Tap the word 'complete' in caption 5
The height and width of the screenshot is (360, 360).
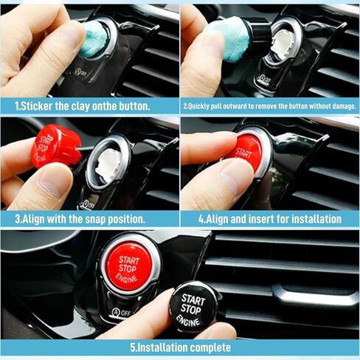pyautogui.click(x=209, y=345)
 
